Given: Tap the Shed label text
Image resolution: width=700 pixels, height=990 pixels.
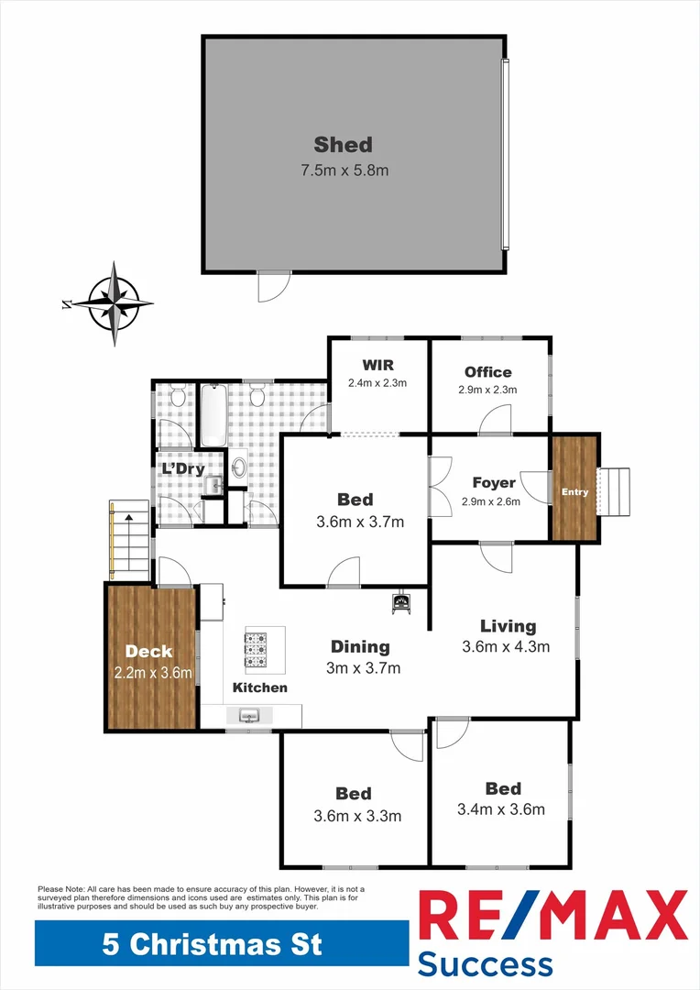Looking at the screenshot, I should coord(343,144).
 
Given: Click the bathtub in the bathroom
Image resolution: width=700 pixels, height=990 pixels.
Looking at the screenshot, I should coord(213,415).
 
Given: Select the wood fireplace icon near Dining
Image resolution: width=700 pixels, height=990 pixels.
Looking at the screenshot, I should coord(400,603).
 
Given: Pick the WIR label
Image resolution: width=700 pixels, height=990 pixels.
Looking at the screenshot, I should coord(377,366).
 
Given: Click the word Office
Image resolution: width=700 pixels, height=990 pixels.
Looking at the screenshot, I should coord(487,371).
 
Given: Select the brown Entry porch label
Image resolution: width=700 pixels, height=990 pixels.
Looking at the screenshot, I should coord(574,492).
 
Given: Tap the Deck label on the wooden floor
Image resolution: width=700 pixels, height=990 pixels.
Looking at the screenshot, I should coord(149,652).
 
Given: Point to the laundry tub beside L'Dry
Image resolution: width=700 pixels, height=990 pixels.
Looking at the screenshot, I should coord(210,485).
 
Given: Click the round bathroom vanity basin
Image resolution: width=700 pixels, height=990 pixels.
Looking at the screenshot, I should coord(239,467).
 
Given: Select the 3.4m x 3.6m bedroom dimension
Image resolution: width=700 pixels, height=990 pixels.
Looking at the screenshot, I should coord(501,809).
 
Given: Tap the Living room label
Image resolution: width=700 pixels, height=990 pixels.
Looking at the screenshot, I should coord(508,626).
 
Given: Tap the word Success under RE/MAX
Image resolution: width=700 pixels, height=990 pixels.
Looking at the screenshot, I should coord(485,963).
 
